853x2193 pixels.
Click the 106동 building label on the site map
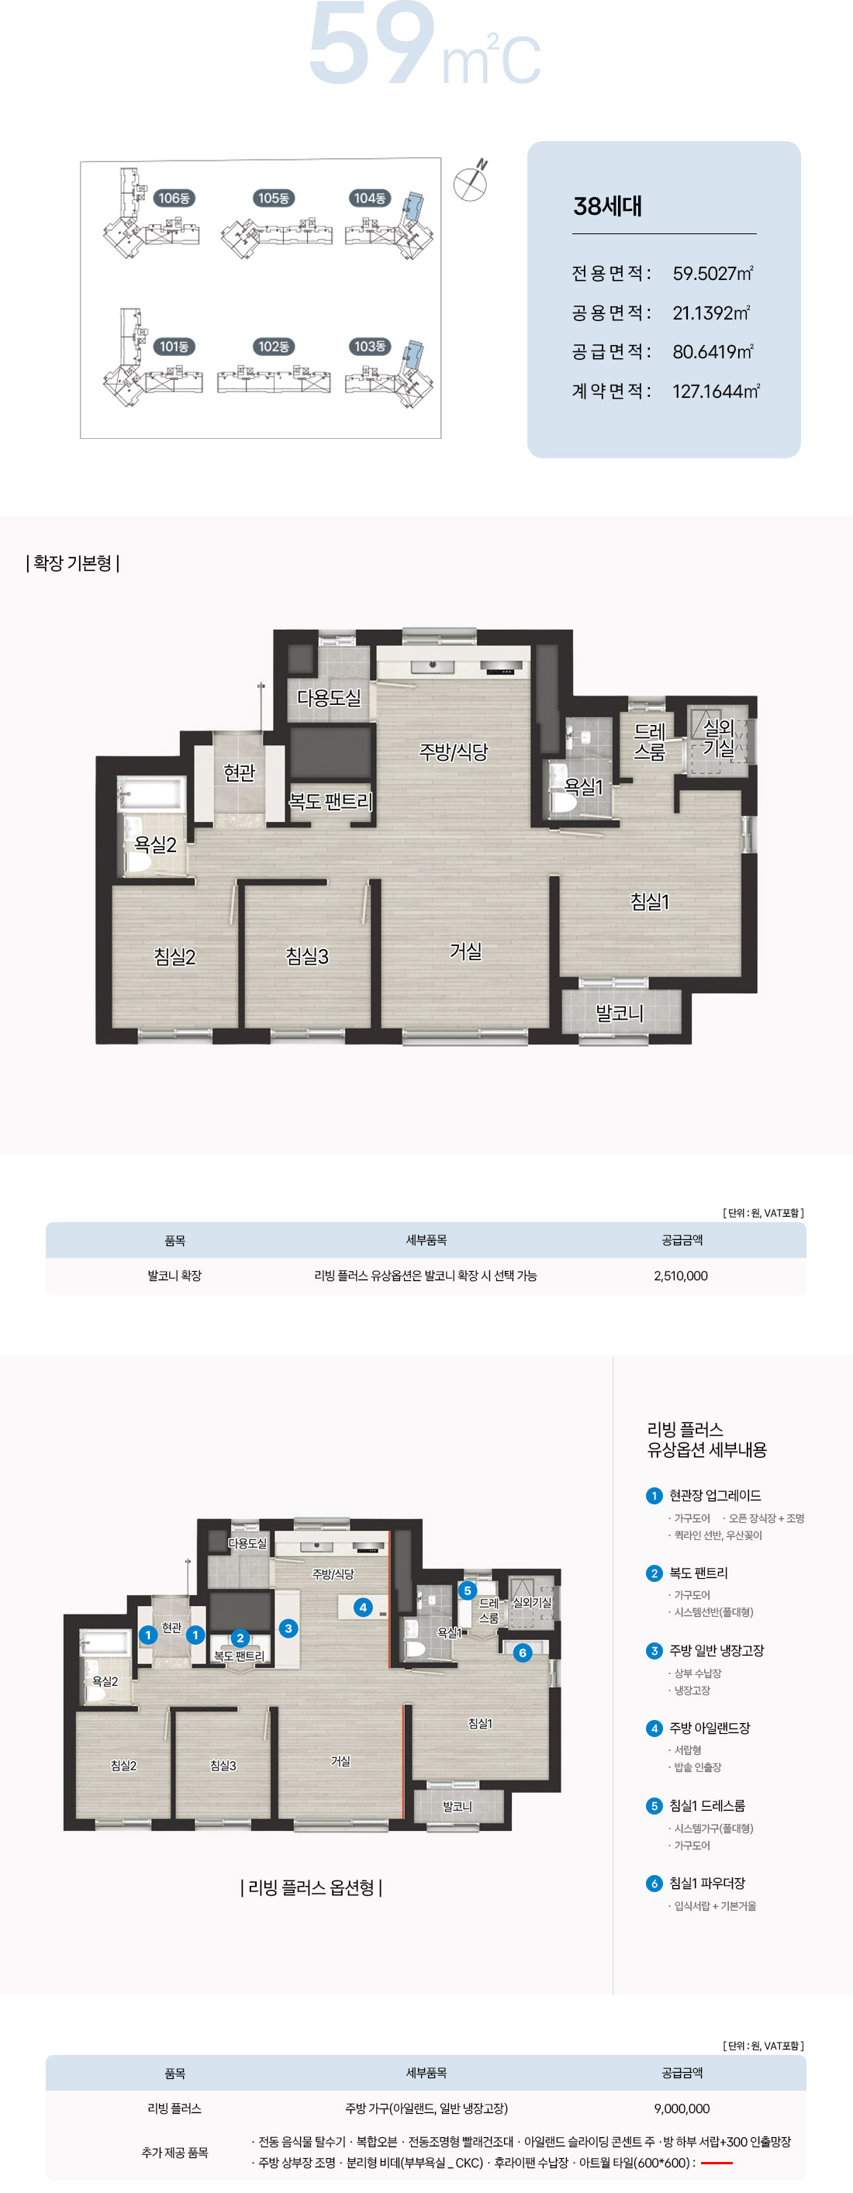174,199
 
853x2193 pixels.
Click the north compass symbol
471,181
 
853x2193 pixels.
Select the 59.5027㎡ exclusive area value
713,273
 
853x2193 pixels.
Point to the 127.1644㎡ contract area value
716,391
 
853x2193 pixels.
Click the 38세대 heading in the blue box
608,206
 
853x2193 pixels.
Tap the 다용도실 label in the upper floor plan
329,698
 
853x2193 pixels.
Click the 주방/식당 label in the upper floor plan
454,751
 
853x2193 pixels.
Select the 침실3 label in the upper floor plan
306,956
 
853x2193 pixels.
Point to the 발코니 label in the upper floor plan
619,1013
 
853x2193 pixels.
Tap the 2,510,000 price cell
681,1276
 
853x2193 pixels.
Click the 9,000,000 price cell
682,2108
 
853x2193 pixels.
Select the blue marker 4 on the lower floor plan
364,1607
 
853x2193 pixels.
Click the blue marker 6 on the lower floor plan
523,1653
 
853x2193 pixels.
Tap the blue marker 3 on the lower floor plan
288,1628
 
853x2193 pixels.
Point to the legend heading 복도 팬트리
699,1573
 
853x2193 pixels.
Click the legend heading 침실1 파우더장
707,1883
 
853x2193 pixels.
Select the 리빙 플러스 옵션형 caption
312,1888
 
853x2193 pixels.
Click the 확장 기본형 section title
72,564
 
